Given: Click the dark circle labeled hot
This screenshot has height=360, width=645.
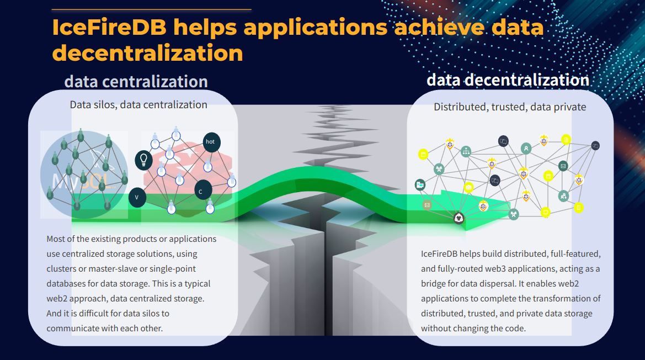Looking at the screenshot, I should [x=210, y=141].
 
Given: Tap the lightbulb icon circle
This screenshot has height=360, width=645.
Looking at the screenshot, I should [x=144, y=160].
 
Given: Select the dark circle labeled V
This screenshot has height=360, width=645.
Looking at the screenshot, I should [x=137, y=197].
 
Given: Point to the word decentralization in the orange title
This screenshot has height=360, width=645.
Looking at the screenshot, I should [x=147, y=53].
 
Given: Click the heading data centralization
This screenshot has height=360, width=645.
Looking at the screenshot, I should [x=136, y=82].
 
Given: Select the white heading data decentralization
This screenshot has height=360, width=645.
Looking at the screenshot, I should [x=508, y=80].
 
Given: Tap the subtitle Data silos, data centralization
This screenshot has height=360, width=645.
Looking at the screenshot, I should [x=138, y=105].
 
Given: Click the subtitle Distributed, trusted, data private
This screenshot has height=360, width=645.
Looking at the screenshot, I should [x=510, y=107].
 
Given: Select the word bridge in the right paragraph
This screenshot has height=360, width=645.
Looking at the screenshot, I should [x=434, y=284].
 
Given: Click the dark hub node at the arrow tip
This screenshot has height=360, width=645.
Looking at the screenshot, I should [x=459, y=218].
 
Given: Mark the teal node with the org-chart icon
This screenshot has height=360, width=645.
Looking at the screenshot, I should [x=466, y=151].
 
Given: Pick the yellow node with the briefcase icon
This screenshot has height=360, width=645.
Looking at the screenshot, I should [x=468, y=187].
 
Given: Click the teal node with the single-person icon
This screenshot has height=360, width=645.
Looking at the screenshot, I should [x=527, y=148].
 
